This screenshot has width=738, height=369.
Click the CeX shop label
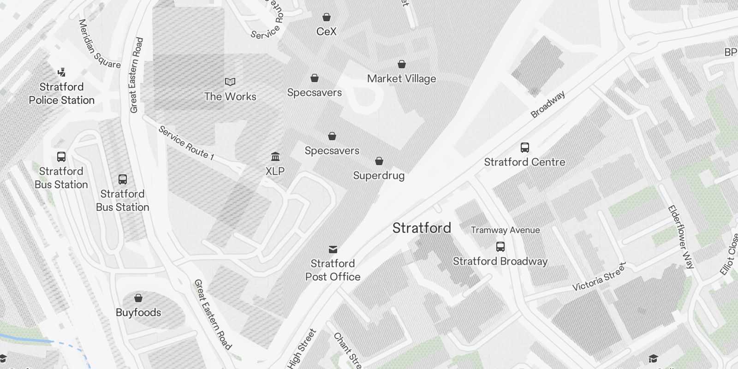pyautogui.click(x=326, y=31)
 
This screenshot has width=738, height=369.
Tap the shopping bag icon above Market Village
pyautogui.click(x=402, y=64)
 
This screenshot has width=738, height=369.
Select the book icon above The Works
pyautogui.click(x=230, y=82)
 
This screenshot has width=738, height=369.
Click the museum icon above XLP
pyautogui.click(x=275, y=156)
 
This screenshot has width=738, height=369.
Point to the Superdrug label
pyautogui.click(x=379, y=175)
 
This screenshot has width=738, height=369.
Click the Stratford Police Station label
pyautogui.click(x=61, y=93)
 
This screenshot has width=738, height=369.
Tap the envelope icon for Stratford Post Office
pyautogui.click(x=333, y=250)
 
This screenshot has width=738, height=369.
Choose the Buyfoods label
pyautogui.click(x=138, y=312)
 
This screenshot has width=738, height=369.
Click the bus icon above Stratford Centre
pyautogui.click(x=524, y=148)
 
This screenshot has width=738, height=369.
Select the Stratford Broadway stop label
pyautogui.click(x=500, y=261)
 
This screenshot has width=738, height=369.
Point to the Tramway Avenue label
pyautogui.click(x=505, y=230)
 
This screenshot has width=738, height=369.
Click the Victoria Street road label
pyautogui.click(x=599, y=277)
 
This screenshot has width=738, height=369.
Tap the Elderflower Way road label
pyautogui.click(x=681, y=237)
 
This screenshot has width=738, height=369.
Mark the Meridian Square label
pyautogui.click(x=99, y=44)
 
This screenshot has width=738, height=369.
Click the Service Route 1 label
pyautogui.click(x=186, y=143)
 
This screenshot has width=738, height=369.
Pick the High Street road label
pyautogui.click(x=302, y=349)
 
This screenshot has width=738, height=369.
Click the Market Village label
pyautogui.click(x=401, y=78)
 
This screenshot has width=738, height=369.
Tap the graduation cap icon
pyautogui.click(x=653, y=359)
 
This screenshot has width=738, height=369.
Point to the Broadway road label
pyautogui.click(x=548, y=104)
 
